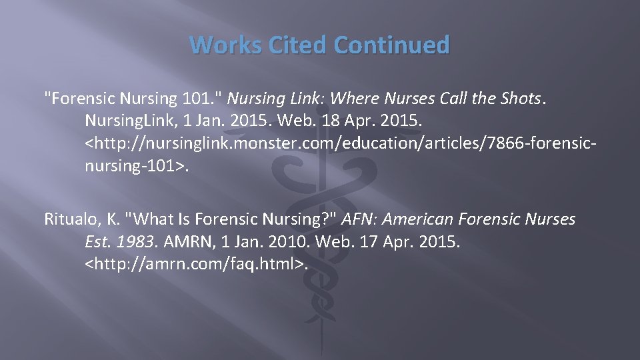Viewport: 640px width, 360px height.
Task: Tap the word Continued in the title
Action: [x=392, y=46]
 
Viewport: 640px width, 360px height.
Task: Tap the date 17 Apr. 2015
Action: [x=421, y=241]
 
